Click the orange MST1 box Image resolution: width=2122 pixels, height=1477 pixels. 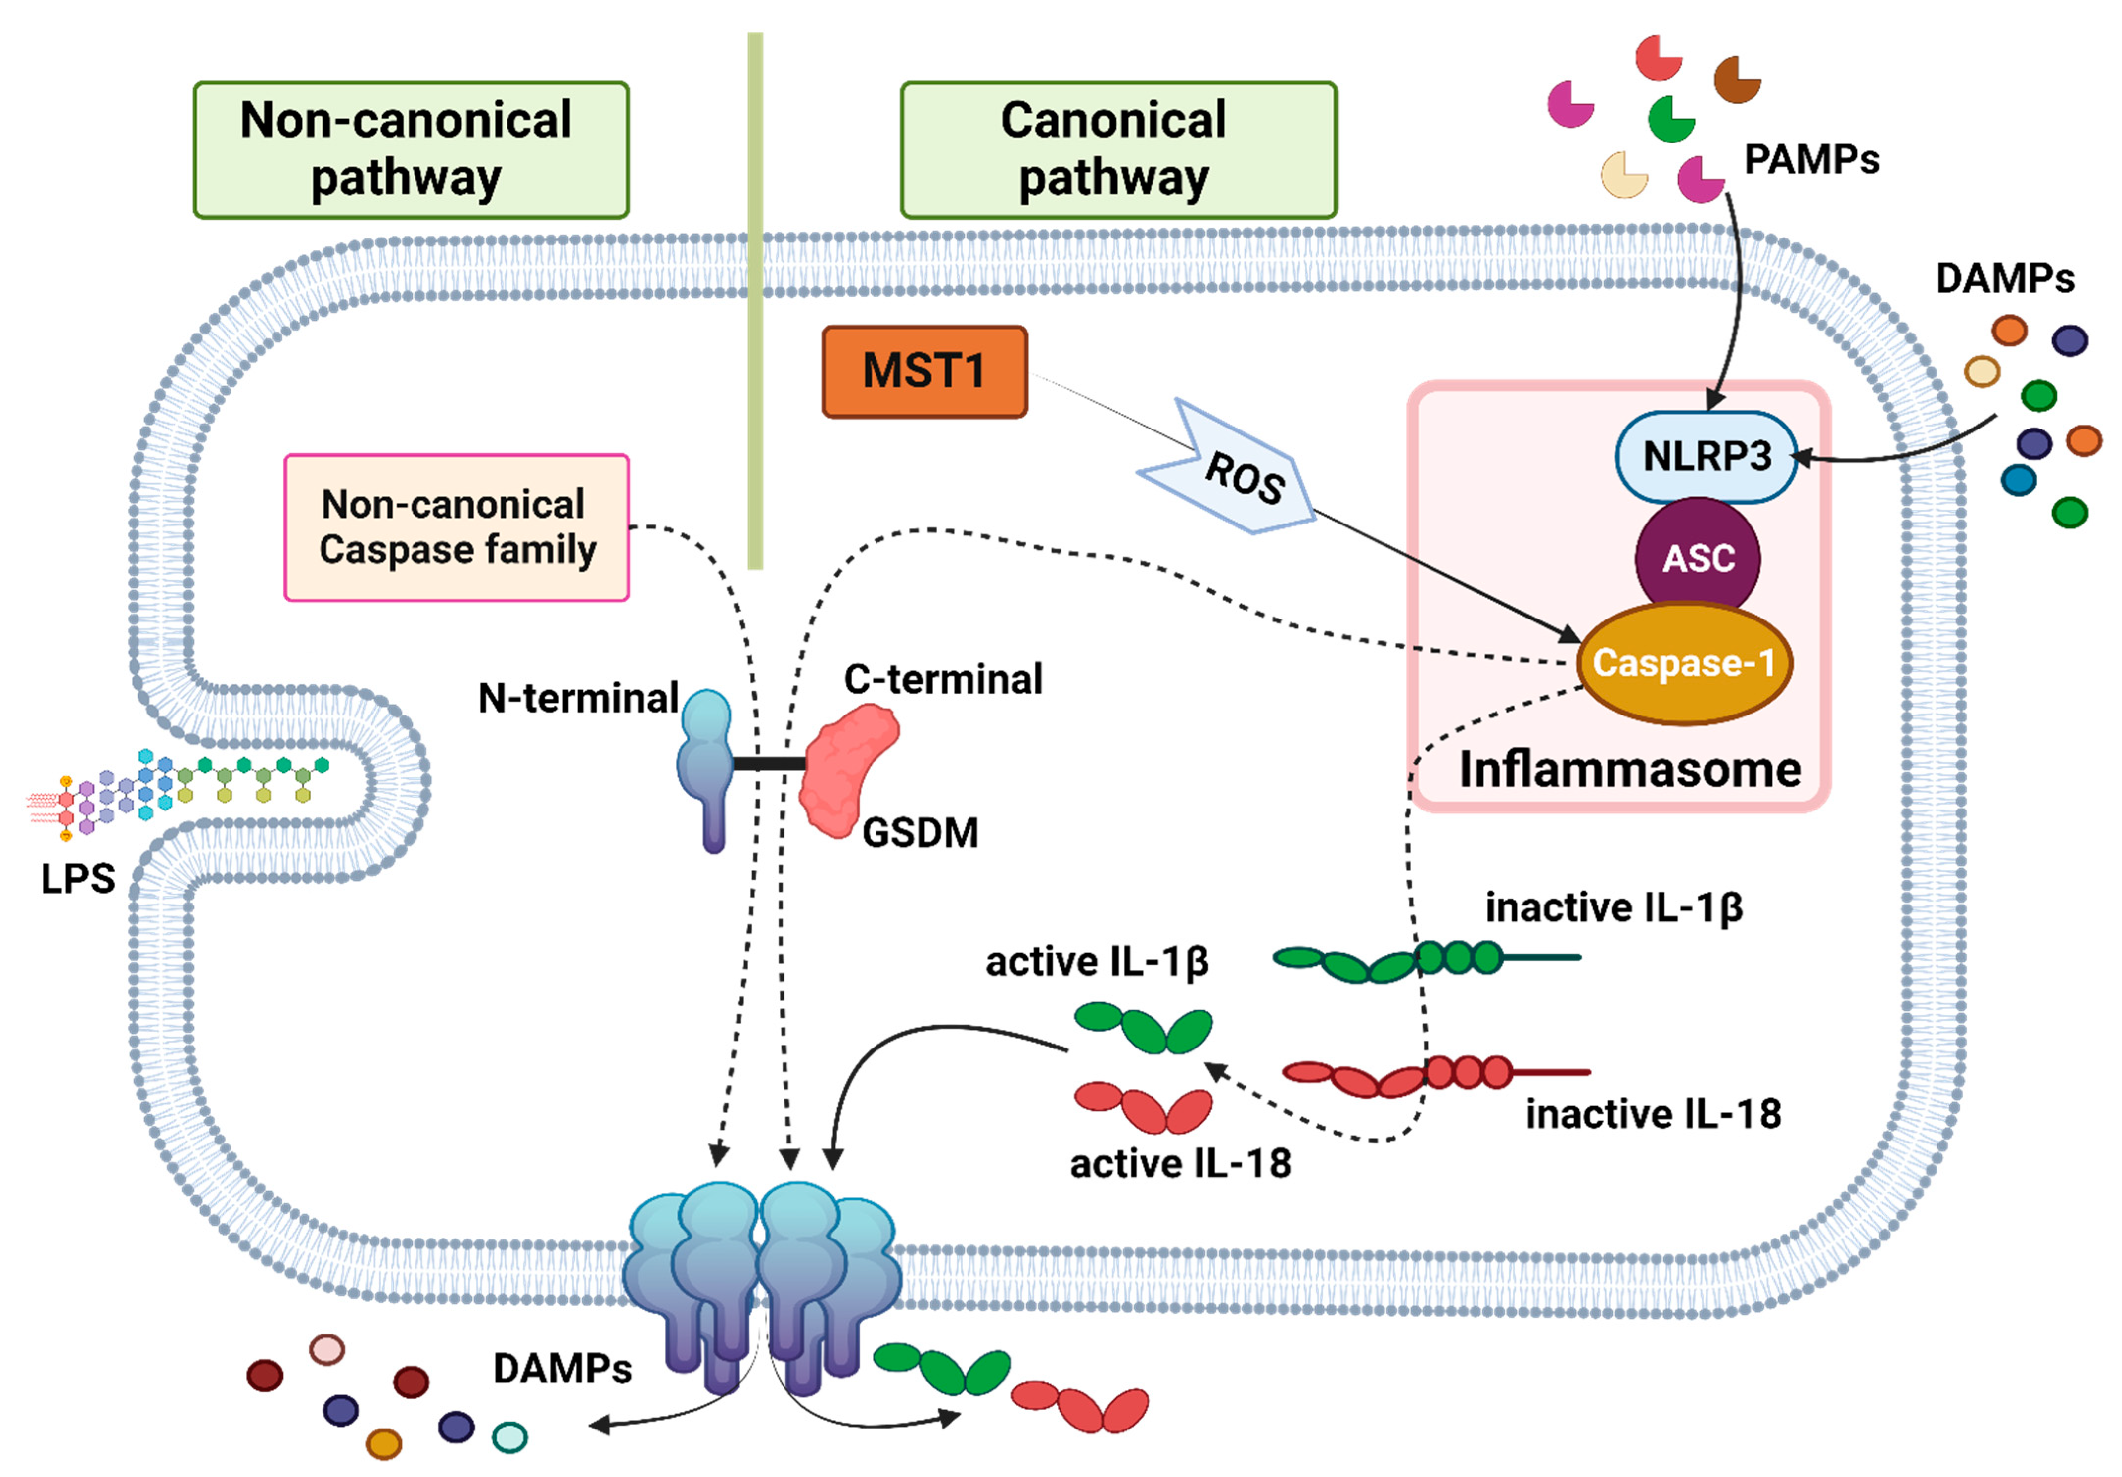point(923,372)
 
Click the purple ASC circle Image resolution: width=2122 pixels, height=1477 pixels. point(1697,557)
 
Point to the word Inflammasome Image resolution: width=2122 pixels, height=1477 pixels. point(1629,769)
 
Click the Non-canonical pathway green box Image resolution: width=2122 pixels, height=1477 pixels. point(411,150)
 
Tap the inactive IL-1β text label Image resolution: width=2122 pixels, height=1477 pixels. point(1614,907)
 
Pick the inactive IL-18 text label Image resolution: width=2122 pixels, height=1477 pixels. point(1653,1114)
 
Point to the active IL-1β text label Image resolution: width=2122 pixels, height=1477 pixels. point(1097,962)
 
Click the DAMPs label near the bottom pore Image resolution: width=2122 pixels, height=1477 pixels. point(562,1369)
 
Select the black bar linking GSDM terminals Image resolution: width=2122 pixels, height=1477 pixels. point(769,763)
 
